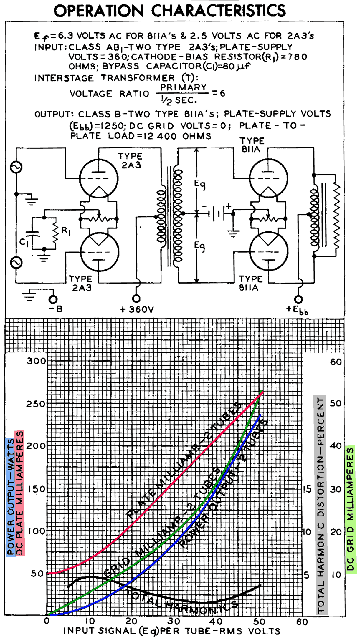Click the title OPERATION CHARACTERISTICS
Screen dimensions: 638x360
pyautogui.click(x=169, y=11)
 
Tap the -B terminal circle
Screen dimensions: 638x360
pyautogui.click(x=53, y=299)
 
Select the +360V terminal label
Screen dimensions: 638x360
pyautogui.click(x=137, y=309)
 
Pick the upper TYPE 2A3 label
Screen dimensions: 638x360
pyautogui.click(x=131, y=160)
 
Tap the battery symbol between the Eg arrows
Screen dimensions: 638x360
pyautogui.click(x=217, y=213)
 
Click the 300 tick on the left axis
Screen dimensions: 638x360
pyautogui.click(x=37, y=361)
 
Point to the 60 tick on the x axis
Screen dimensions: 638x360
pyautogui.click(x=302, y=622)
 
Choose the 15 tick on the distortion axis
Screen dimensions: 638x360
pyautogui.click(x=307, y=489)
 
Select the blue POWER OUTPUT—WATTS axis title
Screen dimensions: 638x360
pyautogui.click(x=10, y=496)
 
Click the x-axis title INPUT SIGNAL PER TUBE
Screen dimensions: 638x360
pyautogui.click(x=171, y=631)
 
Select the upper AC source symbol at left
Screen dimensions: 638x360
pyautogui.click(x=16, y=168)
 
